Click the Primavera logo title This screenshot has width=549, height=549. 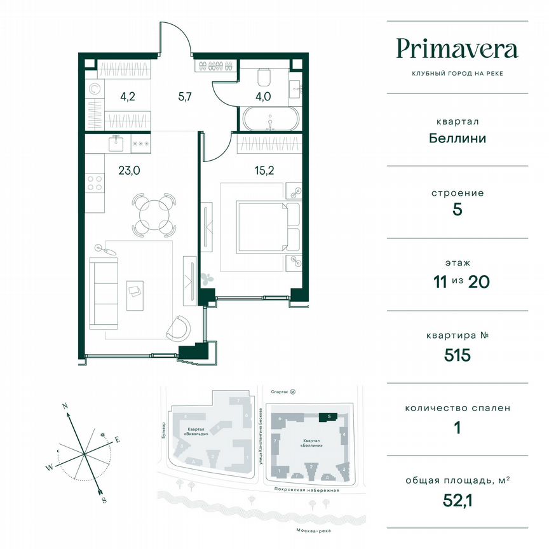[457, 49]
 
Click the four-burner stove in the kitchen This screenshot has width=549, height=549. [95, 183]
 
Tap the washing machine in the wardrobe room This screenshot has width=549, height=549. [94, 90]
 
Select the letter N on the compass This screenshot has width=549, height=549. [65, 405]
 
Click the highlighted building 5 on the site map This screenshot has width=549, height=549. [326, 417]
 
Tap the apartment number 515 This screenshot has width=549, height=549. [457, 355]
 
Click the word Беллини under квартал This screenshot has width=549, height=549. [457, 137]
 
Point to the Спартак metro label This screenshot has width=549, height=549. [280, 393]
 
